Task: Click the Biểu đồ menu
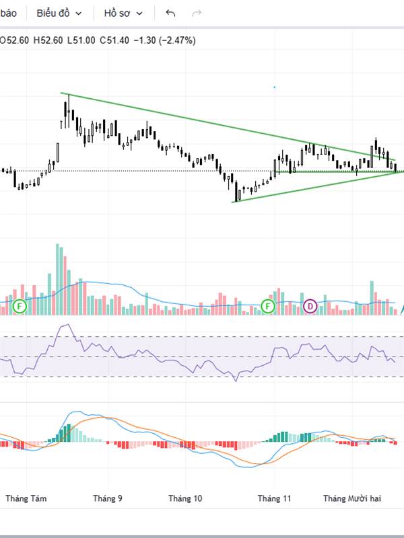[x=59, y=13]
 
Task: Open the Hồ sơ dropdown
[x=123, y=13]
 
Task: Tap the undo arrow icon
[x=170, y=13]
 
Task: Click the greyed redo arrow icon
[x=197, y=13]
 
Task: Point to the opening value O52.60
[x=13, y=40]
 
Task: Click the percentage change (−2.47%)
[x=177, y=40]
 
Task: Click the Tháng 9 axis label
[x=108, y=498]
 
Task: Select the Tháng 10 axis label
[x=185, y=498]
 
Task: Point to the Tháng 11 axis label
[x=274, y=498]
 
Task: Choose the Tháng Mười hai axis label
[x=352, y=498]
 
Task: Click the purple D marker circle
[x=310, y=307]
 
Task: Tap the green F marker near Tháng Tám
[x=20, y=307]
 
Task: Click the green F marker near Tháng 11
[x=268, y=307]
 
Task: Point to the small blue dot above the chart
[x=274, y=87]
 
